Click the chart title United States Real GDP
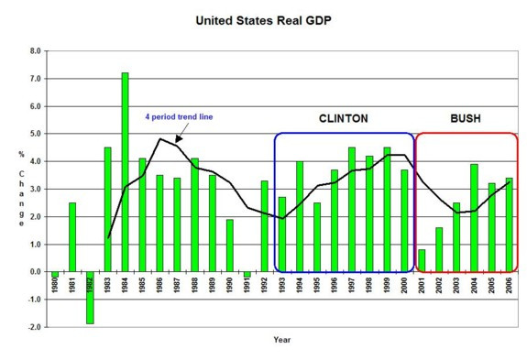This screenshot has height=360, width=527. click(x=263, y=16)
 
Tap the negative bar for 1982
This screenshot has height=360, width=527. click(x=90, y=298)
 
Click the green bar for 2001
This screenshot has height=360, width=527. click(x=421, y=261)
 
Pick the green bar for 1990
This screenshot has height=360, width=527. click(x=229, y=245)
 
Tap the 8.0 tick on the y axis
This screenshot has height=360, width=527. click(x=35, y=51)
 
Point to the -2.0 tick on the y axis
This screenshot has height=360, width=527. click(x=34, y=327)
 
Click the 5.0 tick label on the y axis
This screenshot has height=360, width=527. click(x=35, y=134)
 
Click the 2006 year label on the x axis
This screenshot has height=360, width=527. click(x=507, y=286)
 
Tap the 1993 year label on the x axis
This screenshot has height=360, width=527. click(x=281, y=286)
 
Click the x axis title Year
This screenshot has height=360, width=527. click(x=281, y=340)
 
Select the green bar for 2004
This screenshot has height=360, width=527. click(x=473, y=218)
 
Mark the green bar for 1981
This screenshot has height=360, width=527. click(x=72, y=237)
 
